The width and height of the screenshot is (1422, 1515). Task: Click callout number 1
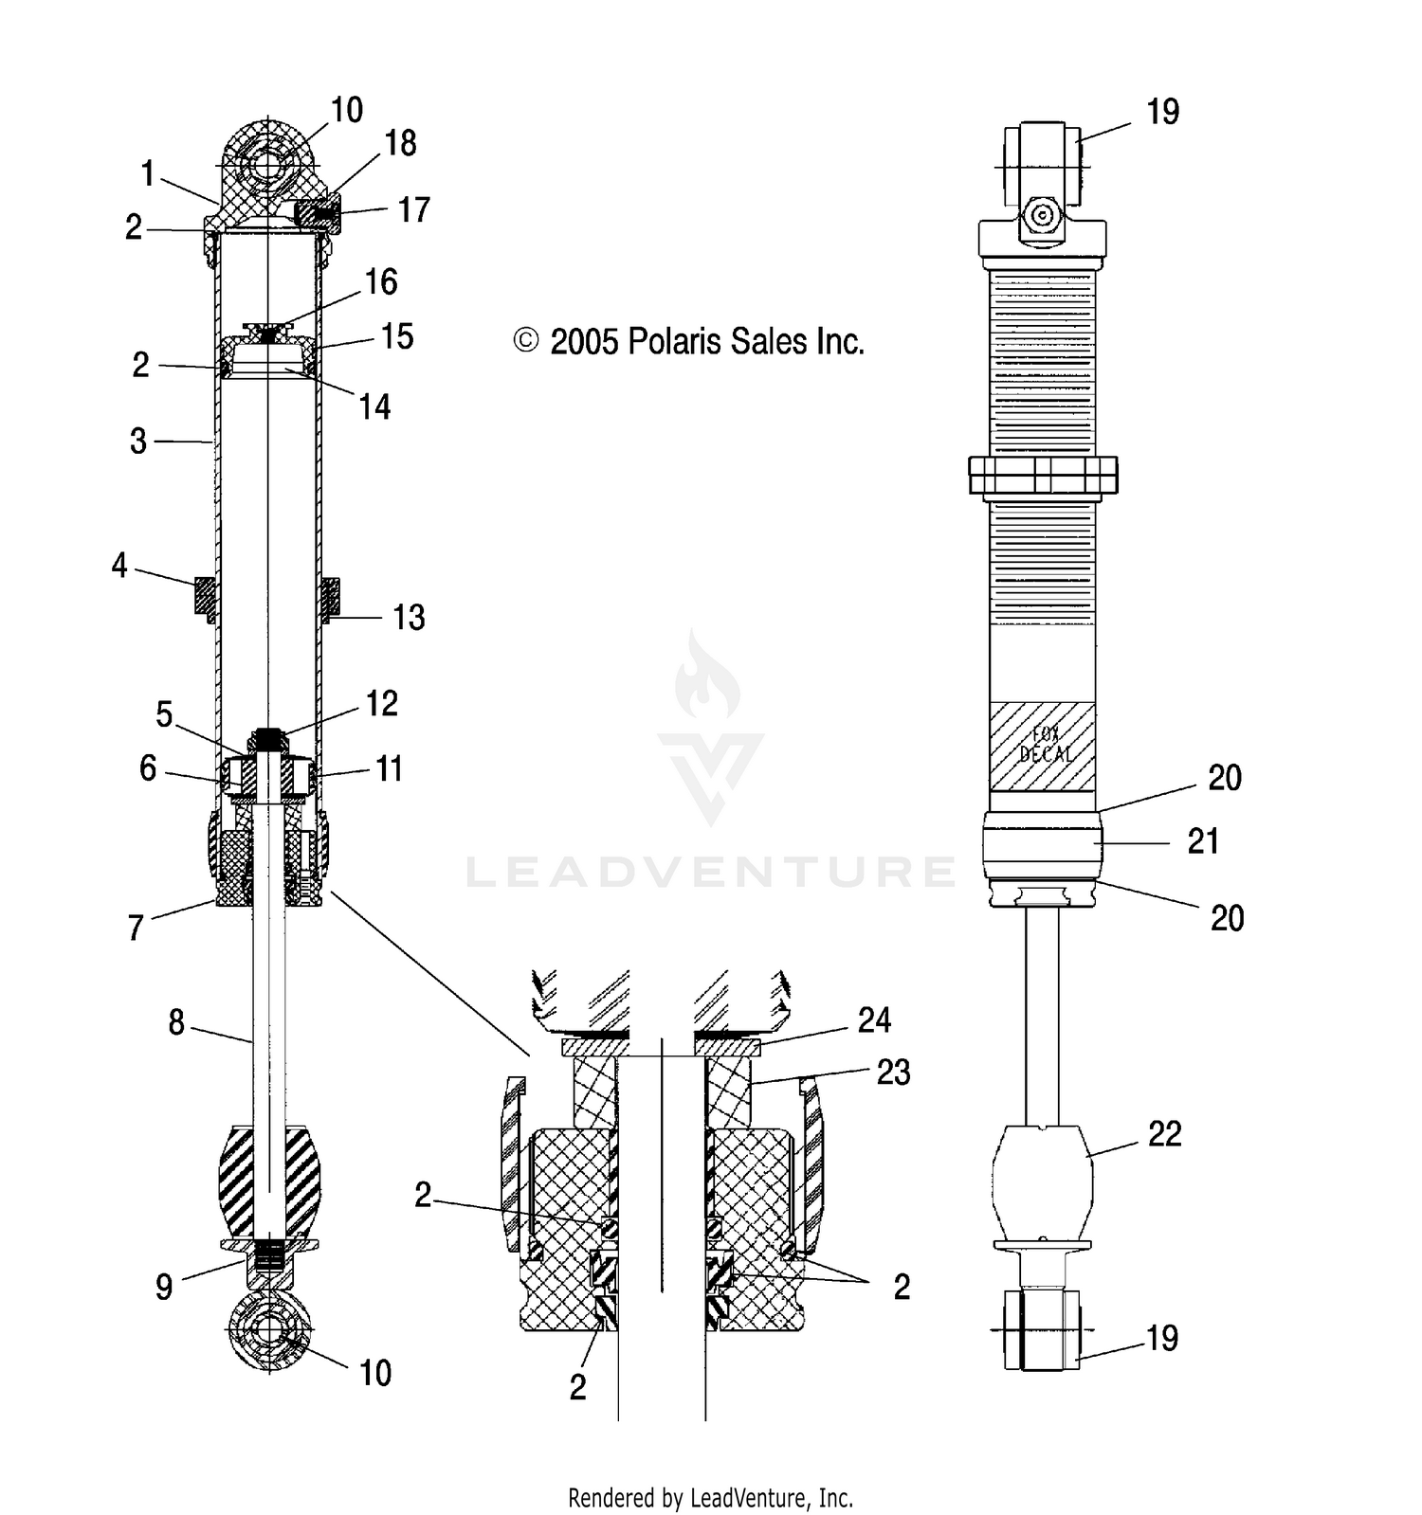point(147,173)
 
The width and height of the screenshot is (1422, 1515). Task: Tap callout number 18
point(400,143)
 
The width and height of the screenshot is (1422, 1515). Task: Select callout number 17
point(413,209)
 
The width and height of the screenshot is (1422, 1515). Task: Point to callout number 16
point(380,281)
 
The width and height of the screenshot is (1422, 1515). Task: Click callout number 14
point(374,406)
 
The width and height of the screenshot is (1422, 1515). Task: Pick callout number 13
point(409,618)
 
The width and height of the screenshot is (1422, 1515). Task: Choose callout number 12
point(381,703)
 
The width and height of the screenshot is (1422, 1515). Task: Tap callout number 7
point(136,928)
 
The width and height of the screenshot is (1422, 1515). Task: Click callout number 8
point(176,1022)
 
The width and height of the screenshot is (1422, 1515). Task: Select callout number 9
point(164,1286)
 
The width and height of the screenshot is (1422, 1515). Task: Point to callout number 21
point(1203,840)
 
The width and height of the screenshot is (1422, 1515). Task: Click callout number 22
point(1165,1133)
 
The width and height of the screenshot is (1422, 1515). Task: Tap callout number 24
point(874,1020)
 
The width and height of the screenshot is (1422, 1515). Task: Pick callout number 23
point(893,1072)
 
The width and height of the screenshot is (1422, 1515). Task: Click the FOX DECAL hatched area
point(1042,746)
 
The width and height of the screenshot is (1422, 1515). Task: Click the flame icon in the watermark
point(707,679)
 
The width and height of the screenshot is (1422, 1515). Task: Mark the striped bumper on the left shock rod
point(269,1179)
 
